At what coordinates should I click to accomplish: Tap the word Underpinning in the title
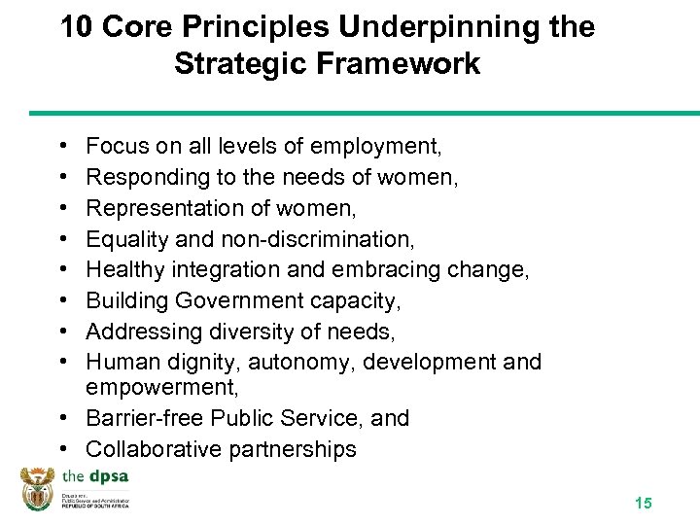tap(443, 27)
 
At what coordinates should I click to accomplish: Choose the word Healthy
tap(122, 270)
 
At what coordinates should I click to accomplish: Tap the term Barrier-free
tap(139, 418)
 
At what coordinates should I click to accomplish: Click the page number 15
tap(643, 503)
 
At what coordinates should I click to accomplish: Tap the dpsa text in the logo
tap(107, 476)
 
